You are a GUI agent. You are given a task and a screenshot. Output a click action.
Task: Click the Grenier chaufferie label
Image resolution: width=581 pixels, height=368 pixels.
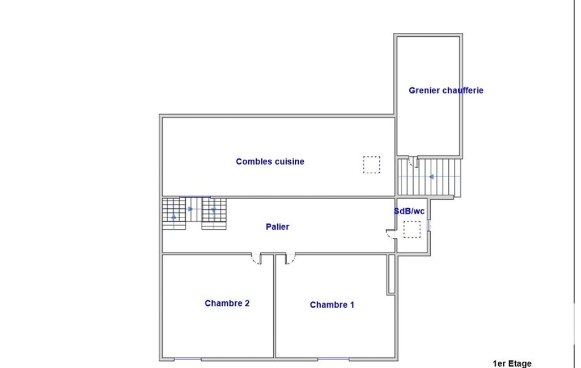[446, 91]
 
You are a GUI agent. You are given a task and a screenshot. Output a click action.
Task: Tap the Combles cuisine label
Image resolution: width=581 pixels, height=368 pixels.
[270, 161]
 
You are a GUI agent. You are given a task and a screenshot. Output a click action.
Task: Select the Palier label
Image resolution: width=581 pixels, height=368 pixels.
[277, 226]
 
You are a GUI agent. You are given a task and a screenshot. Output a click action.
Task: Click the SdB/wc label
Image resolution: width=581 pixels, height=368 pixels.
[409, 211]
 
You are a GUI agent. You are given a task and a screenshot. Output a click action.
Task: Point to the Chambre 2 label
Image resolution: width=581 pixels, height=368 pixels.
[227, 303]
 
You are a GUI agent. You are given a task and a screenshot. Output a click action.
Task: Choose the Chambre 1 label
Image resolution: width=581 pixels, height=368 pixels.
[332, 305]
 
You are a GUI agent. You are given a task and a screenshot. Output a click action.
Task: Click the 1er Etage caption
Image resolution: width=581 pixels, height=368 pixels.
[512, 363]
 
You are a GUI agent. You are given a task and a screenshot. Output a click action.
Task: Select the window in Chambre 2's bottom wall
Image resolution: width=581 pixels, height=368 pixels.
[188, 359]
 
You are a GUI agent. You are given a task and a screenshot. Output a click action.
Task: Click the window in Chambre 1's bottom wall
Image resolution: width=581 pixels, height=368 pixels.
[333, 359]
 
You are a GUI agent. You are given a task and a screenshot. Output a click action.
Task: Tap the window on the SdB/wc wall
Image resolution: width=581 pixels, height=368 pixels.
[429, 225]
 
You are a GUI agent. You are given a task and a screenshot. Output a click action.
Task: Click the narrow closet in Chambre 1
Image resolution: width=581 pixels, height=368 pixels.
[391, 275]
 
